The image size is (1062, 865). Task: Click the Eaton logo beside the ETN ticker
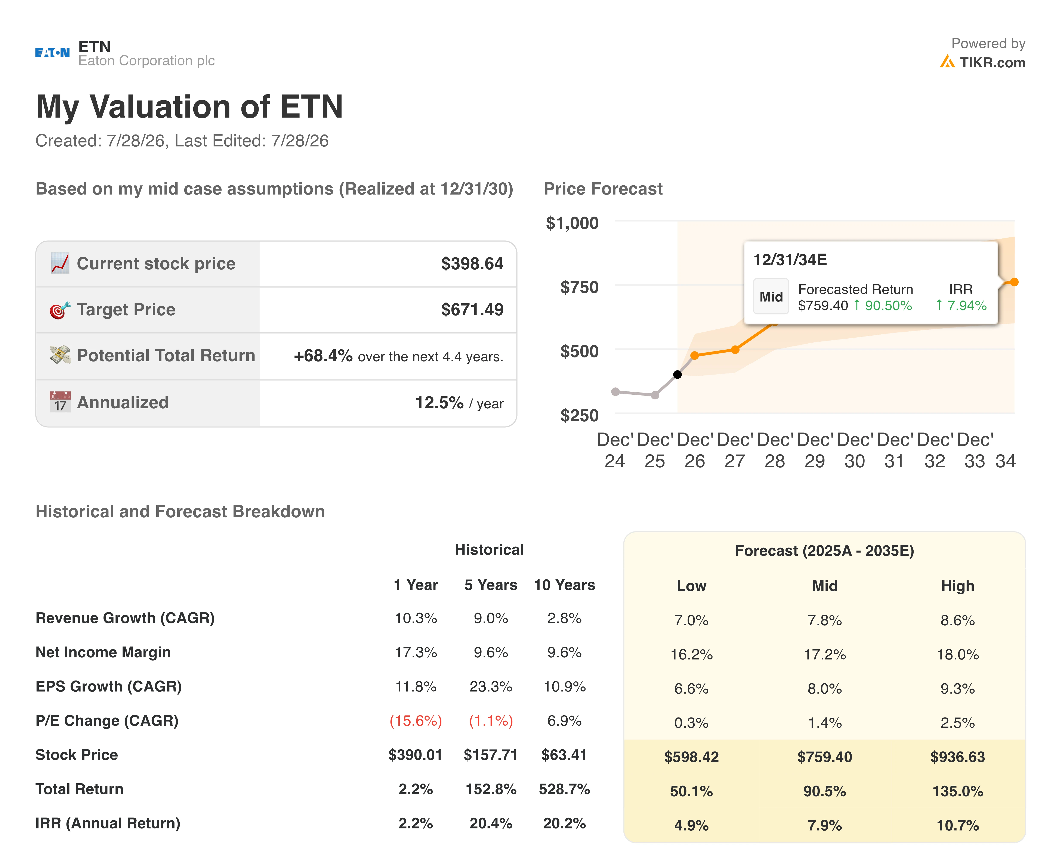(x=52, y=52)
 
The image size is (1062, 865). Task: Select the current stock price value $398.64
(x=472, y=264)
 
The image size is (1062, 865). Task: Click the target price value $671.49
(x=472, y=309)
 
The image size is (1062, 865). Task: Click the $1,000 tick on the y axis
(x=572, y=223)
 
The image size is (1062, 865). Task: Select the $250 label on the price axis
(x=579, y=416)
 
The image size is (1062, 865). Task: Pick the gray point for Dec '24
(x=615, y=392)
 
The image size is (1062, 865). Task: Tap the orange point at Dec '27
(x=735, y=350)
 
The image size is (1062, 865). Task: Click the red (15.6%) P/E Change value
(x=416, y=721)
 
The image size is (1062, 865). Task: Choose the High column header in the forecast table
(x=957, y=586)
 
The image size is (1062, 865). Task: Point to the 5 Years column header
(x=491, y=585)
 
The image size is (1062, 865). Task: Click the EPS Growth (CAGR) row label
(x=109, y=687)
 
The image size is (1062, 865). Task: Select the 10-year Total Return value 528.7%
(x=564, y=789)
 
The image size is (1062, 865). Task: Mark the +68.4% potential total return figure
(x=323, y=356)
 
